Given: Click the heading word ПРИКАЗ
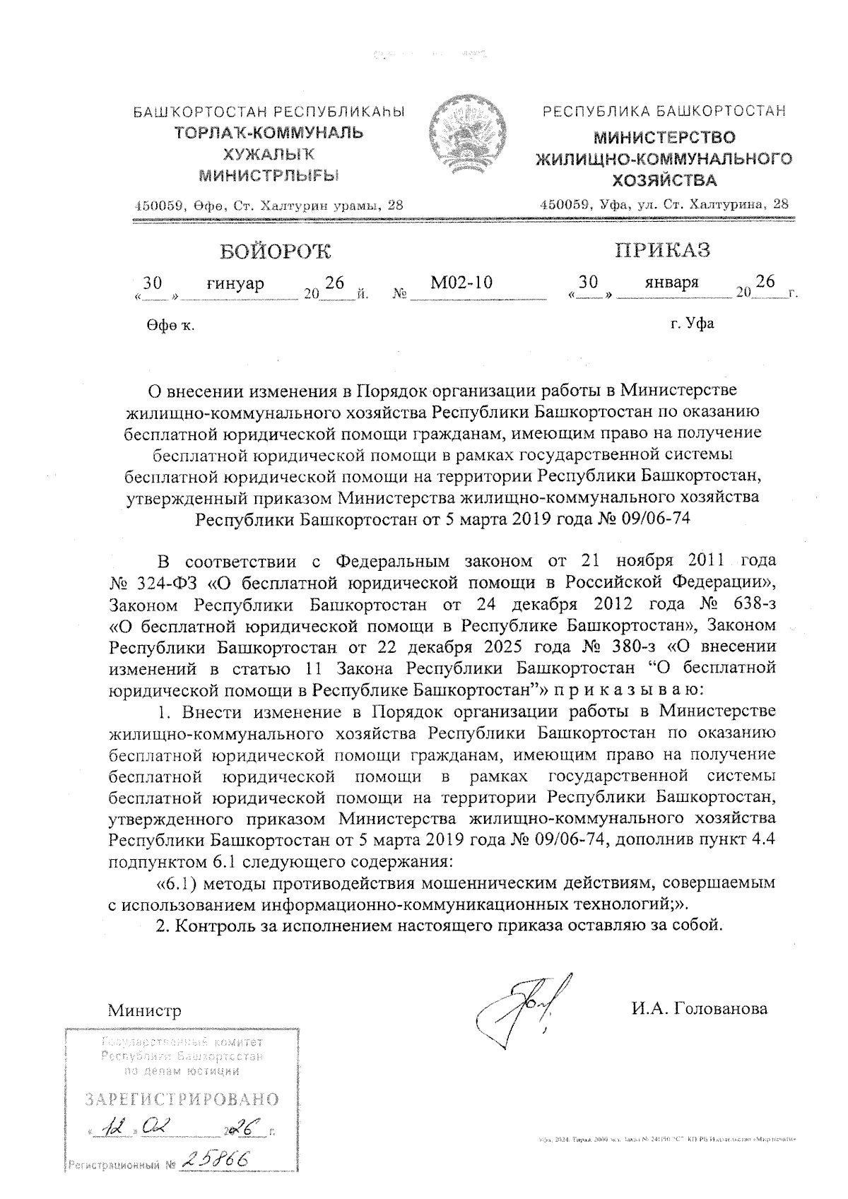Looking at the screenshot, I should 661,250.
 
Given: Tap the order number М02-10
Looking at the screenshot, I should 461,283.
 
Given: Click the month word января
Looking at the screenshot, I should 671,282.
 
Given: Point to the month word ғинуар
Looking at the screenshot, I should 235,283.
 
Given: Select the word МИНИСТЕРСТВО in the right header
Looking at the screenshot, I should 664,138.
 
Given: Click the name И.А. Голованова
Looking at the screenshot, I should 699,1008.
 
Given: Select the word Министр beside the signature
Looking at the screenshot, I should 144,1010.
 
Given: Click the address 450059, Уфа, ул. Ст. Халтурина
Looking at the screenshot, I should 664,203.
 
